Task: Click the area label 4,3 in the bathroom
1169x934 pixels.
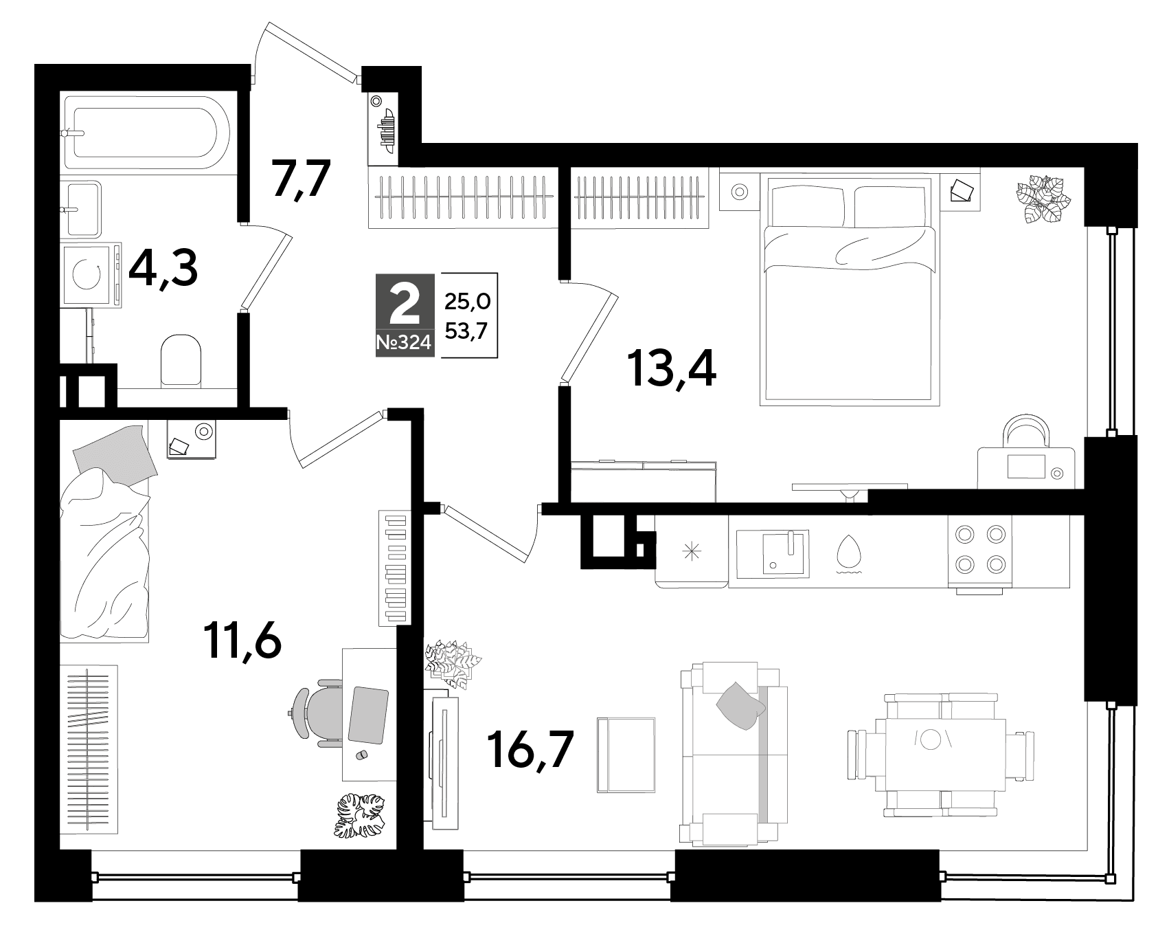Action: [163, 270]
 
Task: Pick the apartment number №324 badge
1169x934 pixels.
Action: [405, 343]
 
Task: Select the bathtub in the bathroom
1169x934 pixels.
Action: [148, 133]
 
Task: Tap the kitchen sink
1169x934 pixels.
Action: [772, 553]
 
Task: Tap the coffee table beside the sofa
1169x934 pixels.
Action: [626, 755]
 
